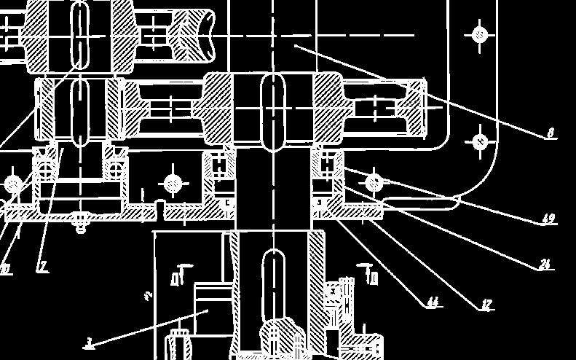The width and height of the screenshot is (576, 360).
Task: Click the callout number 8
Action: [x=551, y=133]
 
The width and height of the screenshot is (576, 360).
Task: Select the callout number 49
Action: [x=548, y=219]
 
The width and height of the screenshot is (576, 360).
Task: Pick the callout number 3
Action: [x=89, y=342]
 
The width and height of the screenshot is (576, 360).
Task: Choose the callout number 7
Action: [x=44, y=267]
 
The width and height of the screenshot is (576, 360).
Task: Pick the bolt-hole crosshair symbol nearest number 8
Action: [x=480, y=141]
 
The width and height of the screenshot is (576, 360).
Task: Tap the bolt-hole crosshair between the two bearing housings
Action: [x=172, y=184]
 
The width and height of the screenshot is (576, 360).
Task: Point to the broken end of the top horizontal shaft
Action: [x=207, y=34]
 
